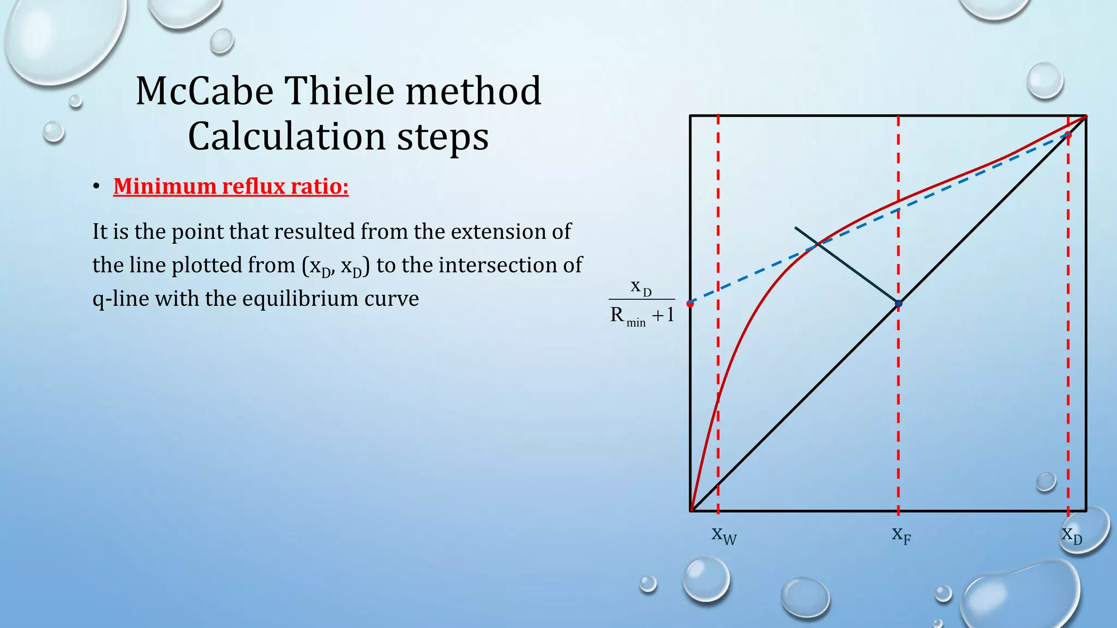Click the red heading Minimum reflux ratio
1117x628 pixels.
(x=231, y=186)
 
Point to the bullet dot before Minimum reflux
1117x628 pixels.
(x=96, y=187)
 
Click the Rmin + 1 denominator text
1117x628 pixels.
(x=642, y=316)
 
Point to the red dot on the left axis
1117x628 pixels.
(x=690, y=304)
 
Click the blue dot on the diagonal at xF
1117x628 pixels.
(x=899, y=304)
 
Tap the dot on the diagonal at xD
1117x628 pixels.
(x=1068, y=135)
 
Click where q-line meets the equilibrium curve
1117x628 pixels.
(x=818, y=245)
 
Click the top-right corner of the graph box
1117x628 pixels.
(x=1086, y=116)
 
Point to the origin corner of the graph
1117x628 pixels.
(x=691, y=511)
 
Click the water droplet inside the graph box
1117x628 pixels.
(x=1046, y=481)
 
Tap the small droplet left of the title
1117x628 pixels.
(x=53, y=131)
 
